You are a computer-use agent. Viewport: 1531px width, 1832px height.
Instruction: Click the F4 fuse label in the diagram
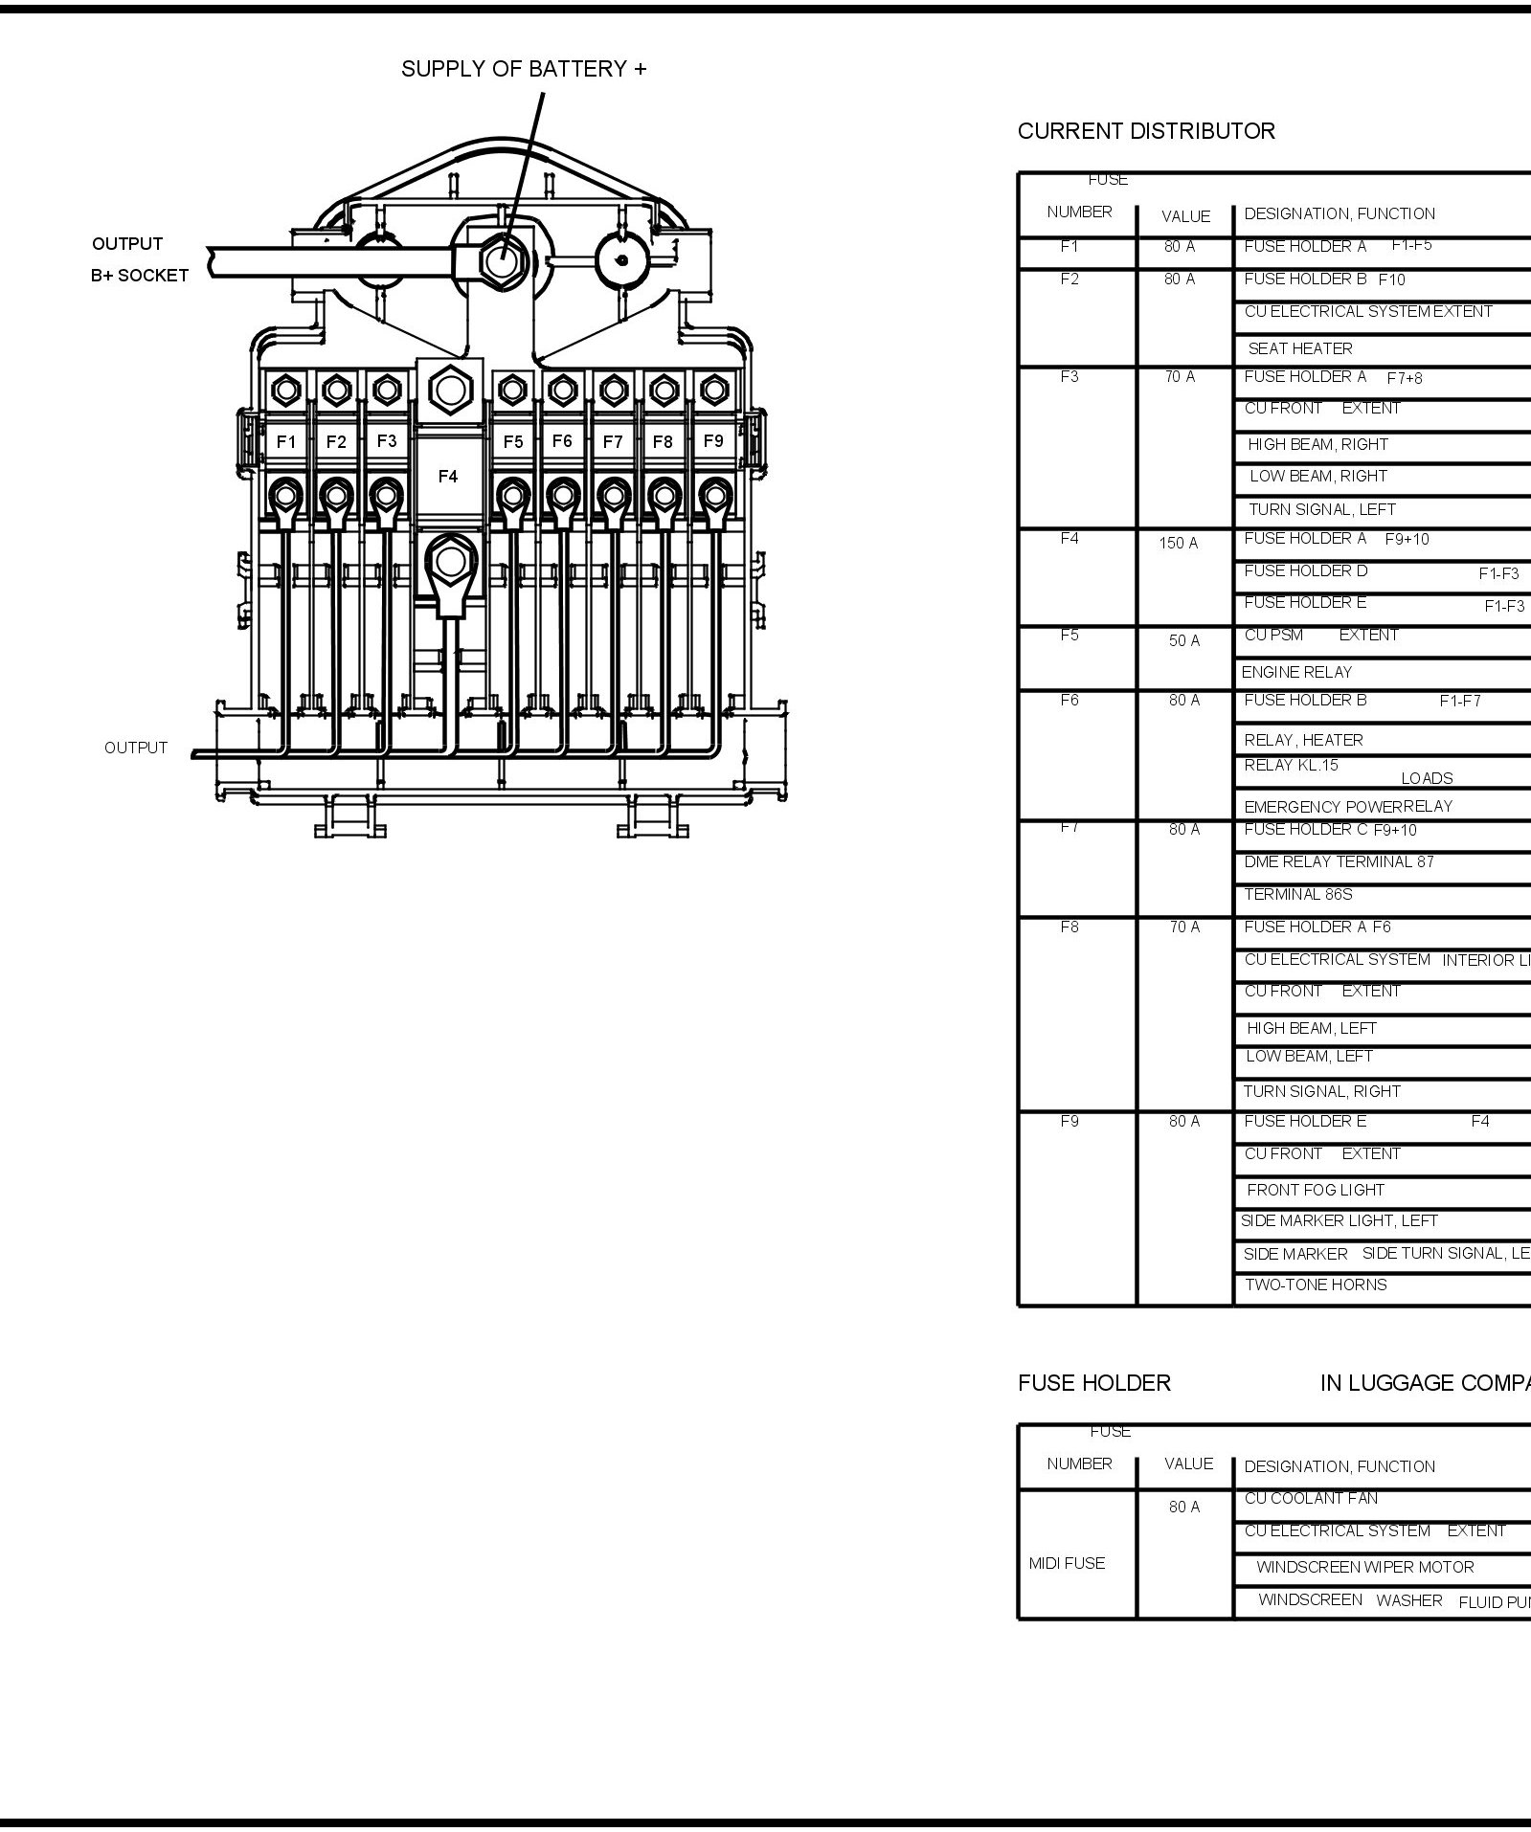(447, 477)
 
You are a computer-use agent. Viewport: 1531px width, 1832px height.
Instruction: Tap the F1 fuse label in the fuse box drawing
(286, 442)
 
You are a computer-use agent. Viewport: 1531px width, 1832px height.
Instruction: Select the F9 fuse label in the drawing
(713, 441)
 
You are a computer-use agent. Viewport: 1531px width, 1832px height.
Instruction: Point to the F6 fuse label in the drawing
(562, 441)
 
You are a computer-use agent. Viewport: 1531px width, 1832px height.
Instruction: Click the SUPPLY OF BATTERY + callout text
(524, 69)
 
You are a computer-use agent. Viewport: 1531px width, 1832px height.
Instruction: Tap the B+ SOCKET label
(140, 276)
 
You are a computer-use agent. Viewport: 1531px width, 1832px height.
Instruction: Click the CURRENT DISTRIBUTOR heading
(1146, 131)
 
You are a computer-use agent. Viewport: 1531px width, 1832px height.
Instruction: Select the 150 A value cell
(1178, 544)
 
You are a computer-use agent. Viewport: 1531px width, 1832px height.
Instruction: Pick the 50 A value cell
(1183, 641)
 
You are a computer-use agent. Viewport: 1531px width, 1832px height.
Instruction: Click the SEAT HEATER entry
(1299, 349)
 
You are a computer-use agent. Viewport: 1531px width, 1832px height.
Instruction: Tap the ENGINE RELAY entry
(1296, 673)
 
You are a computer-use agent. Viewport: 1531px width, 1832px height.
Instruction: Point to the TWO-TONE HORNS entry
(1316, 1285)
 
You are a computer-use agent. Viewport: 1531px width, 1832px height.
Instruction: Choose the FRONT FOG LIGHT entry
(1316, 1191)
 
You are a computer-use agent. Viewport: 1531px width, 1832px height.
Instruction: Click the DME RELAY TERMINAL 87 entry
(1339, 862)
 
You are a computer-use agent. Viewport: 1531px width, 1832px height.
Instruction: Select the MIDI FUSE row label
(1067, 1564)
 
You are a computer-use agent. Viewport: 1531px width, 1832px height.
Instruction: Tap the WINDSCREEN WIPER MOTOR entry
(1364, 1568)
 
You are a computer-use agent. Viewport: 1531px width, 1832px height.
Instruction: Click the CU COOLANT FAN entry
(1311, 1499)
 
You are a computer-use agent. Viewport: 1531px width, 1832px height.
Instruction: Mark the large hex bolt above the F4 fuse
(448, 390)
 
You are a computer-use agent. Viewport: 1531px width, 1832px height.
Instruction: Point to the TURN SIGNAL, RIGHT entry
(1321, 1092)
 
